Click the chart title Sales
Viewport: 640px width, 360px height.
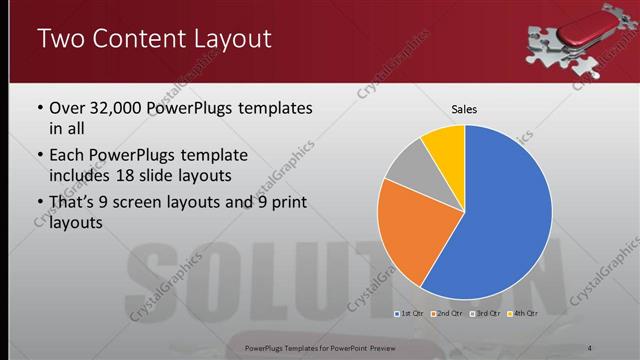tap(464, 108)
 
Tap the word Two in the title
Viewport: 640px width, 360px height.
tap(58, 40)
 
